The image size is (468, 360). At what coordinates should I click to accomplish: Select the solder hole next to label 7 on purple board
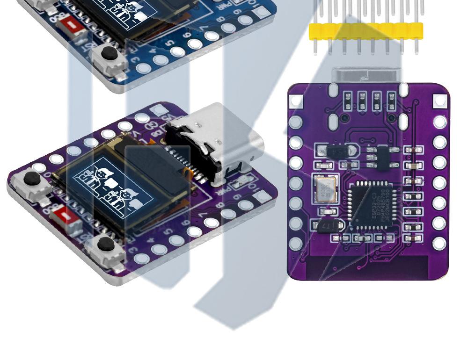tap(211, 223)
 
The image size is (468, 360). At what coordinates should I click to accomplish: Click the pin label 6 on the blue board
tap(187, 35)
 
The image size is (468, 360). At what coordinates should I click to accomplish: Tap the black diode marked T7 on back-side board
tap(330, 226)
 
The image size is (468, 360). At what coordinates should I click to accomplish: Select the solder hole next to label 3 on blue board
tap(144, 68)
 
